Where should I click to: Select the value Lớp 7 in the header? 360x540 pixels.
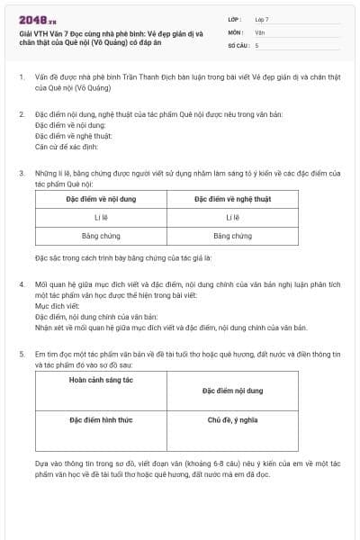click(x=262, y=19)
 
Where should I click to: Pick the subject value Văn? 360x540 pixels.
click(x=260, y=31)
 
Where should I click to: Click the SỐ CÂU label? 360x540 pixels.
click(x=238, y=44)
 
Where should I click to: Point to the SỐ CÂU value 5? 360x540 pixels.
click(x=257, y=44)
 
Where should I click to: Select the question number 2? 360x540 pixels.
click(x=22, y=115)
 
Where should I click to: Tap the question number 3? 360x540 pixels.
click(x=22, y=171)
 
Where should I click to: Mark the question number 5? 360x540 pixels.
click(x=22, y=355)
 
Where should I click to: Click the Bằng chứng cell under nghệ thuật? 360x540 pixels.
click(x=232, y=236)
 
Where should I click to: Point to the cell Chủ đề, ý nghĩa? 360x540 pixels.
click(x=232, y=419)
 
